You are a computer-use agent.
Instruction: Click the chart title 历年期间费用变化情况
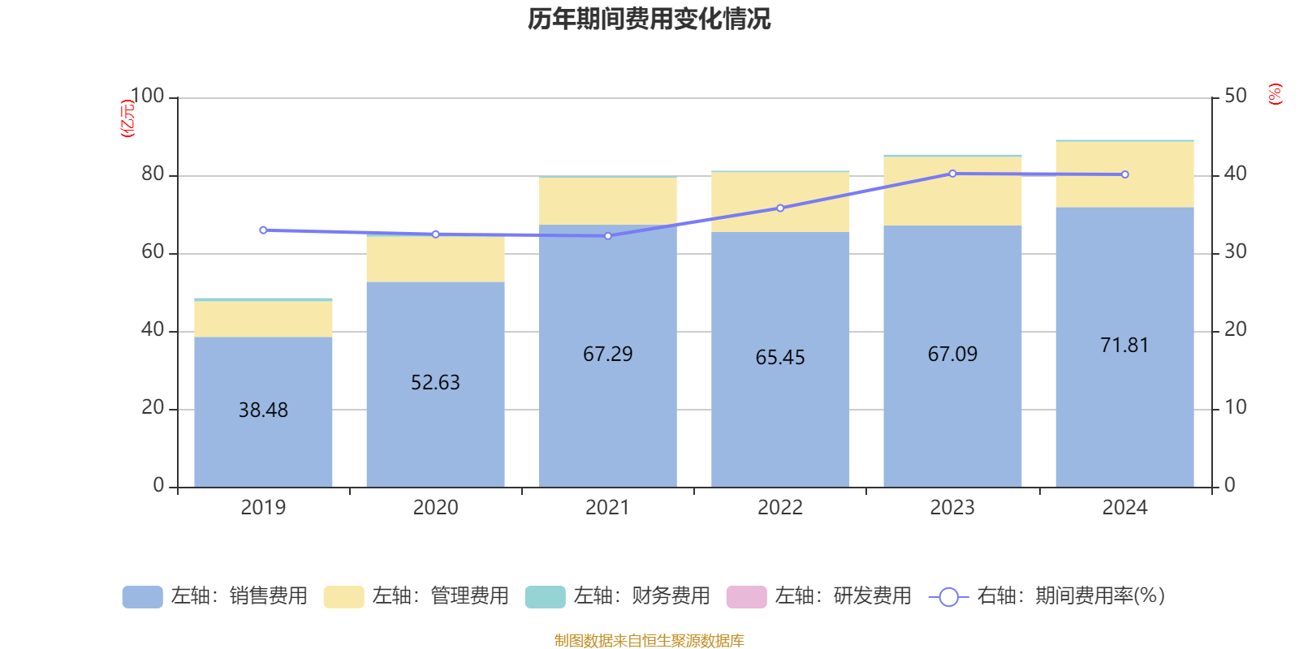coord(649,19)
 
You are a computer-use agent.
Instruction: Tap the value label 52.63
coord(435,382)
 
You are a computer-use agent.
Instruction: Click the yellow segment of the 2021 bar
coord(607,201)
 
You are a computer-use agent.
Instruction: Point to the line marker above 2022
coord(780,208)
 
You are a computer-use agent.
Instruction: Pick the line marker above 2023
coord(952,174)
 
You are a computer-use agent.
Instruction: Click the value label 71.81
coord(1124,345)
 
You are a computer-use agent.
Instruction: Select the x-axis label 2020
coord(435,508)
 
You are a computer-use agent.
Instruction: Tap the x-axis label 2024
coord(1124,508)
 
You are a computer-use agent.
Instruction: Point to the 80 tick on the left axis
coord(153,174)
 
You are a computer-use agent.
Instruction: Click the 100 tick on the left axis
coord(147,96)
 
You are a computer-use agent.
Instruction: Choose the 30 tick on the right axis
coord(1235,251)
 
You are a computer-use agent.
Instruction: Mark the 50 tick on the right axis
coord(1235,96)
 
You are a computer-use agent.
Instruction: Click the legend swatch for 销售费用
coord(142,596)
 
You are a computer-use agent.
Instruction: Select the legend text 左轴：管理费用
coord(440,596)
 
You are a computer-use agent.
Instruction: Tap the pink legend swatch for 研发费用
coord(746,596)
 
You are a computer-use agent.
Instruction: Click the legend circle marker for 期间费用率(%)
coord(948,597)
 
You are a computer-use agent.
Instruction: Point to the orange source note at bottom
coord(649,641)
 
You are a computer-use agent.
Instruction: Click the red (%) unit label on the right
coord(1275,94)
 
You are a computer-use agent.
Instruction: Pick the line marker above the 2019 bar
coord(263,230)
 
